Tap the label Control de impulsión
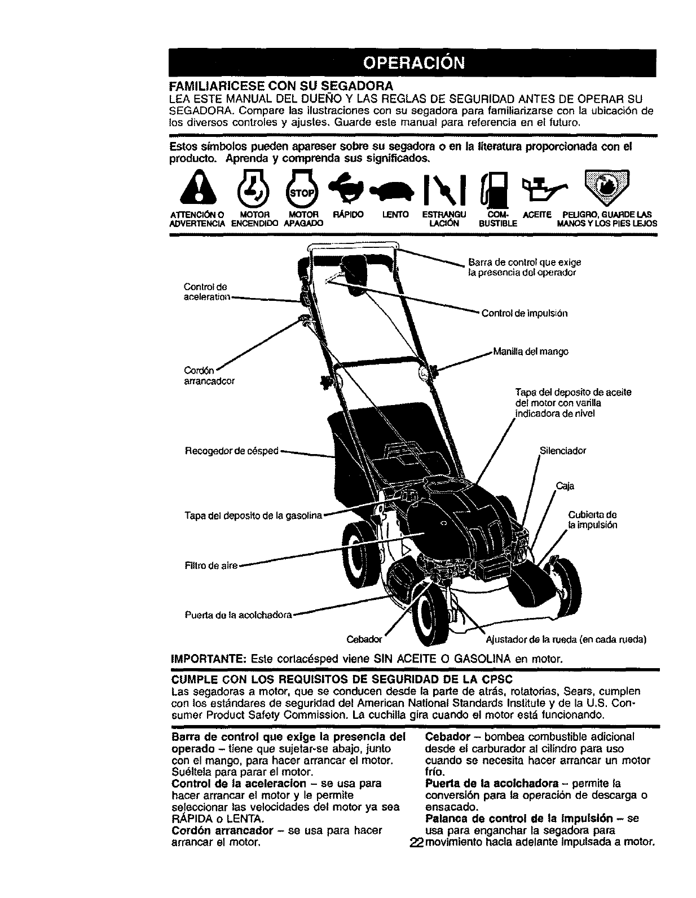coord(524,313)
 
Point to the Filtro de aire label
coord(211,565)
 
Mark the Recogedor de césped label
coord(232,451)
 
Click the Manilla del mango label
coord(531,352)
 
